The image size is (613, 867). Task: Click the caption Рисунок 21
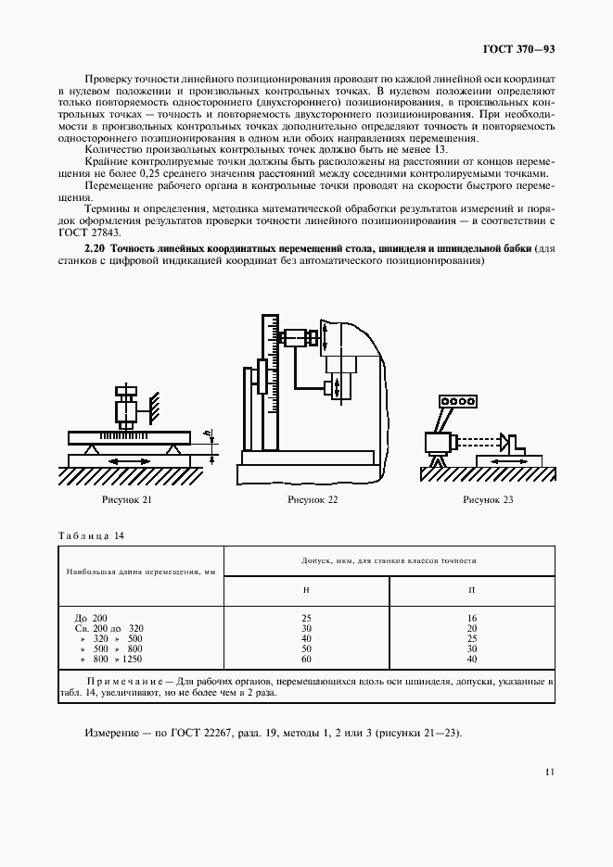pyautogui.click(x=128, y=500)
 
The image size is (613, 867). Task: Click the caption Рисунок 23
pyautogui.click(x=488, y=500)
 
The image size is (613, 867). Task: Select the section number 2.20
pyautogui.click(x=95, y=250)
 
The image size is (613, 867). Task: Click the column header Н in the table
pyautogui.click(x=307, y=589)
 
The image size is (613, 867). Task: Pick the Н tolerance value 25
pyautogui.click(x=307, y=617)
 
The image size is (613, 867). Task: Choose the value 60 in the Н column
pyautogui.click(x=307, y=659)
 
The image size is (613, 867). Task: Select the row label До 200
pyautogui.click(x=90, y=617)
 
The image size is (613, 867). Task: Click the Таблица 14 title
pyautogui.click(x=91, y=536)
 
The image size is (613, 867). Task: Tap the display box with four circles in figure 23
pyautogui.click(x=457, y=401)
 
